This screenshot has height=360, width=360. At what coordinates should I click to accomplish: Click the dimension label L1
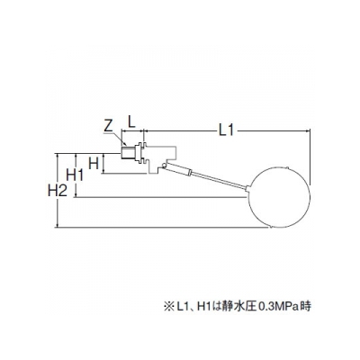pyautogui.click(x=226, y=130)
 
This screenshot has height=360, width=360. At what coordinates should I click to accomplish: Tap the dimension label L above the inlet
pyautogui.click(x=131, y=121)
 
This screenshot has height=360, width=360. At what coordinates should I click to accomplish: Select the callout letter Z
pyautogui.click(x=108, y=127)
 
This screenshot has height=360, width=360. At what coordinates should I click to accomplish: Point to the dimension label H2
pyautogui.click(x=58, y=190)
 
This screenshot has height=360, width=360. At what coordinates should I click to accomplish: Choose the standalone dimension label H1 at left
pyautogui.click(x=75, y=175)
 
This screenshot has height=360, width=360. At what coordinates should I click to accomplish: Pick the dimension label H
pyautogui.click(x=94, y=164)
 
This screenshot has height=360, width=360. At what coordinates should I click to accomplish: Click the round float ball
pyautogui.click(x=280, y=198)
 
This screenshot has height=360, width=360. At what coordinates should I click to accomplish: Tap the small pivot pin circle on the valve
pyautogui.click(x=164, y=166)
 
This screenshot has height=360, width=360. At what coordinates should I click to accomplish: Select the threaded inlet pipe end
pyautogui.click(x=128, y=153)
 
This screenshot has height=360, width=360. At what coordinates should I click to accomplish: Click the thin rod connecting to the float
pyautogui.click(x=220, y=180)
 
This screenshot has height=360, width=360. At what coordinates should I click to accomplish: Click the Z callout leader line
pyautogui.click(x=118, y=139)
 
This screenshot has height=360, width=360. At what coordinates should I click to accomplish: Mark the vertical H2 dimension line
pyautogui.click(x=57, y=191)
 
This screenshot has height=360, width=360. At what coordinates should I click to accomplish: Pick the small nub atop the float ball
pyautogui.click(x=287, y=168)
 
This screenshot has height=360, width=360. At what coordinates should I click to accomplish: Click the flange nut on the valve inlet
pyautogui.click(x=140, y=153)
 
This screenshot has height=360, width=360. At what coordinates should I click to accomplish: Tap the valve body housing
pyautogui.click(x=161, y=158)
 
